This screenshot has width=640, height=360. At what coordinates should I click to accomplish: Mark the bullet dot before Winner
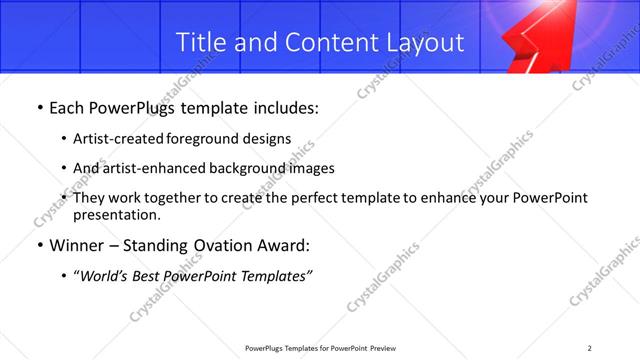coord(39,245)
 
